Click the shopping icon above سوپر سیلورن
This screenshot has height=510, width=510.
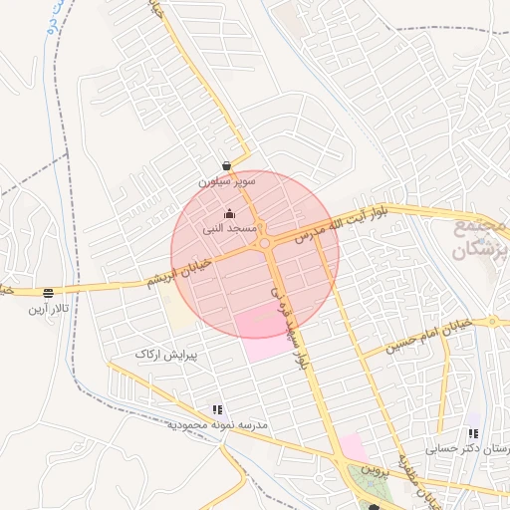pos(227,166)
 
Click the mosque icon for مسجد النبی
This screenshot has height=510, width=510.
pos(230,213)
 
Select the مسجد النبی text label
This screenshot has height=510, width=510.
pos(230,228)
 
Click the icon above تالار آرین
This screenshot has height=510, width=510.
pos(48,293)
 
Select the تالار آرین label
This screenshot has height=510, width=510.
pos(48,310)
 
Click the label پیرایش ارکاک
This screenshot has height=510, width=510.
pos(166,354)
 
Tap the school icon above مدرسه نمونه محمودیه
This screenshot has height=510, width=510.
pos(217,409)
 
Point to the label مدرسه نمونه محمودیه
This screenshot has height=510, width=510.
pos(217,425)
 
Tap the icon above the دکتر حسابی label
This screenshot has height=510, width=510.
pos(473,433)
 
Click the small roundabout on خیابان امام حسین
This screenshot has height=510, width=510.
pos(491,322)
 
